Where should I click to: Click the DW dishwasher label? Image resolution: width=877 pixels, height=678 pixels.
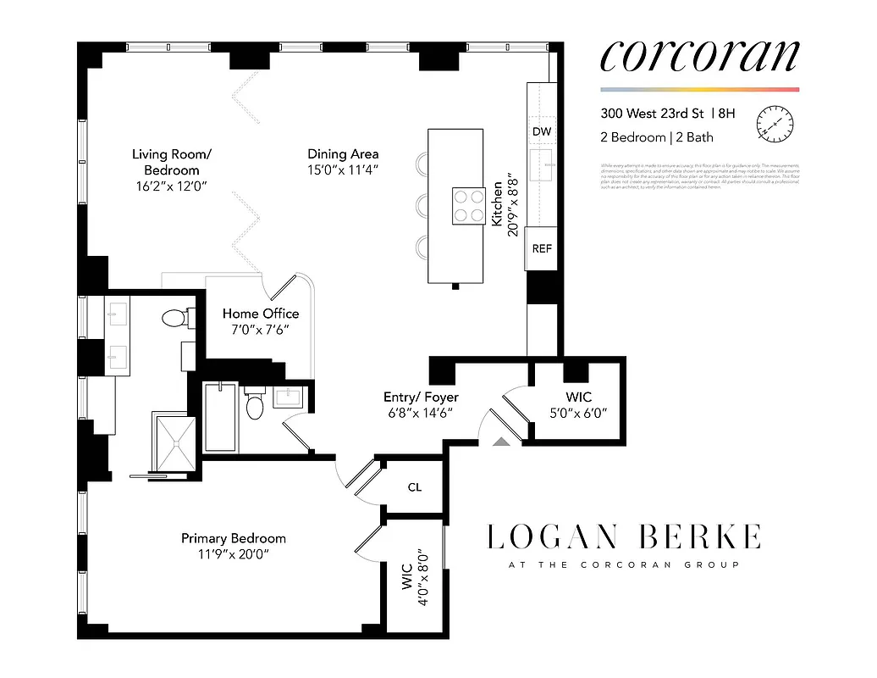(x=542, y=131)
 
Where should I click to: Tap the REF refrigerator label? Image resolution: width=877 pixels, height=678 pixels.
(x=542, y=248)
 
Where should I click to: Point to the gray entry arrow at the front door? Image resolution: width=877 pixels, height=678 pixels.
(x=501, y=441)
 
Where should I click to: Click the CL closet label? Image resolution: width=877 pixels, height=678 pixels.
(x=414, y=487)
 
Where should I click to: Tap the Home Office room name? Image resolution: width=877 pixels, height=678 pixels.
(x=261, y=314)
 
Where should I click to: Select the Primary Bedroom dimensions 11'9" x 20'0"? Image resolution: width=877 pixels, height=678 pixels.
(x=234, y=555)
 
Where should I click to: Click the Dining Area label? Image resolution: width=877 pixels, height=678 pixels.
(x=343, y=154)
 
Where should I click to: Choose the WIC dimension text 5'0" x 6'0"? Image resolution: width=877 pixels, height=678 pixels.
(x=579, y=414)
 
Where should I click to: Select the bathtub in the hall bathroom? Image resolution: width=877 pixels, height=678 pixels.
(x=221, y=417)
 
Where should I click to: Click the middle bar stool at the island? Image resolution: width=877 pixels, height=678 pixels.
(x=421, y=204)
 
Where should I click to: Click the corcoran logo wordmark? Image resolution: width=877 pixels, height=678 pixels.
(x=699, y=56)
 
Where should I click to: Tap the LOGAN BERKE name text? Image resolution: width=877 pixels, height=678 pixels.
(x=624, y=537)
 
